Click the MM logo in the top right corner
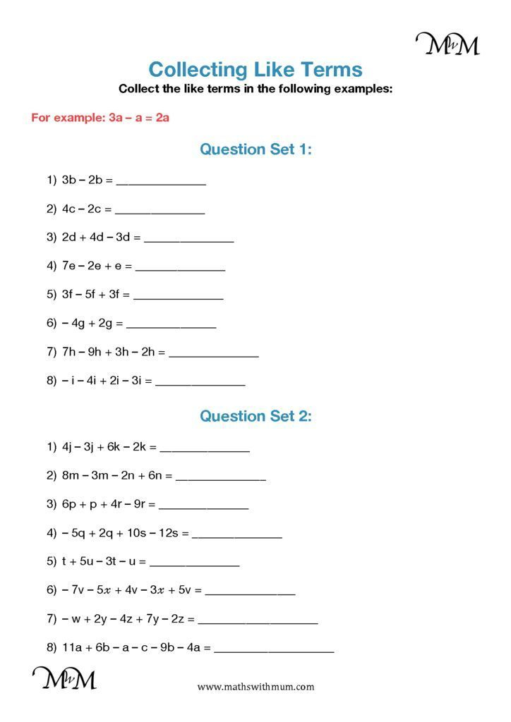point(447,44)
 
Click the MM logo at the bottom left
point(64,678)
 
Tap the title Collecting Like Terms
point(255,69)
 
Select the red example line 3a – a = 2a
point(100,118)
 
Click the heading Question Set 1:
point(255,149)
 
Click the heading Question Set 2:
point(255,415)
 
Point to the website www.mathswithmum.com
point(255,687)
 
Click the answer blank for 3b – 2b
point(161,183)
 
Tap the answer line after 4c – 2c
point(160,212)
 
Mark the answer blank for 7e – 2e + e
point(180,269)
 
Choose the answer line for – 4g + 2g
point(171,327)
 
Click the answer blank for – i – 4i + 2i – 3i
point(200,384)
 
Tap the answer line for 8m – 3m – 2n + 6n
point(220,479)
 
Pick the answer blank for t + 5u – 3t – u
point(194,565)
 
